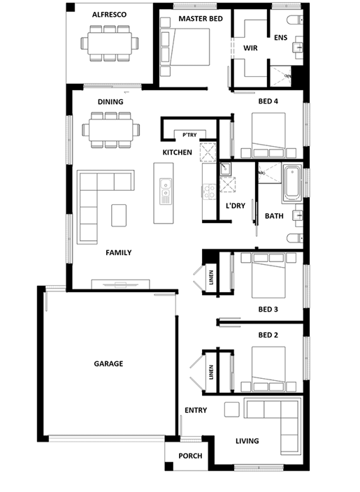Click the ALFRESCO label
click(109, 15)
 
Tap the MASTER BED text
click(201, 19)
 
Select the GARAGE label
click(108, 363)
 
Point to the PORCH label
click(190, 456)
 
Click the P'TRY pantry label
click(189, 135)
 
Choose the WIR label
click(250, 48)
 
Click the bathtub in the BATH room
click(292, 184)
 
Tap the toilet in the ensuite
click(295, 20)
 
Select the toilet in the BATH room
click(295, 238)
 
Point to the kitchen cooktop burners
click(209, 191)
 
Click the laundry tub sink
click(225, 169)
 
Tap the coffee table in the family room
click(119, 215)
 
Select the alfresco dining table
click(110, 43)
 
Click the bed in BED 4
click(268, 136)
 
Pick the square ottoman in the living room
click(231, 410)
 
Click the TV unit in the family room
click(120, 284)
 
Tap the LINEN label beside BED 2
click(211, 372)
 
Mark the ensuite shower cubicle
click(281, 76)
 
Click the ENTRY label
click(196, 410)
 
